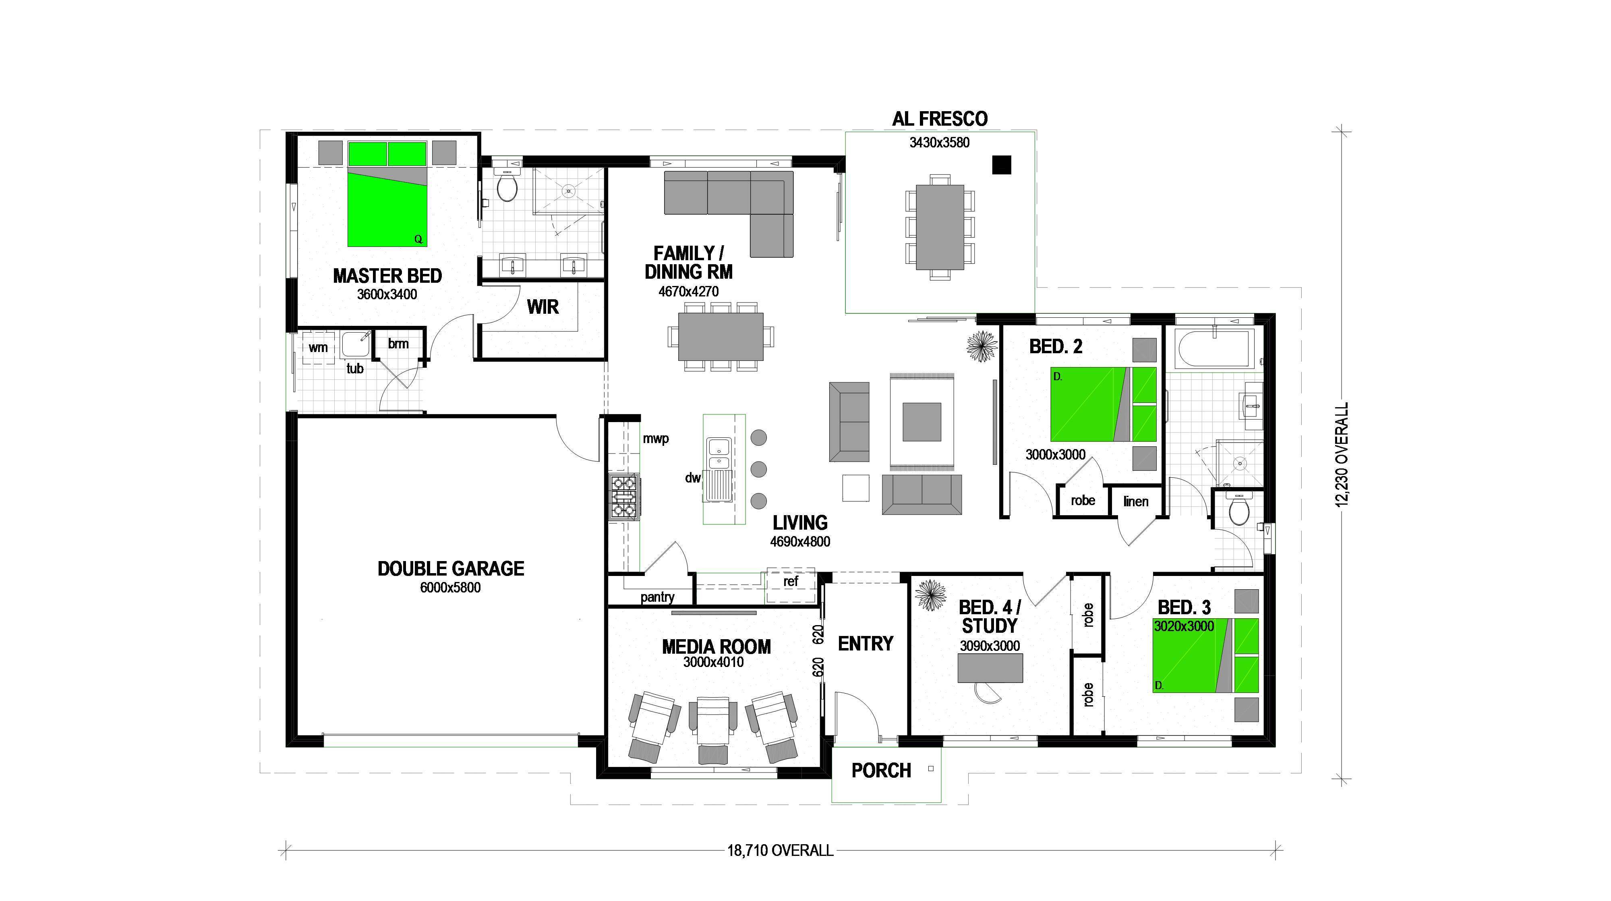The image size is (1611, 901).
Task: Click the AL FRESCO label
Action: (939, 119)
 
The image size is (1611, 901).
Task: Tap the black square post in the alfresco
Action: (1001, 164)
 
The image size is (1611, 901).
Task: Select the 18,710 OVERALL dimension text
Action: (780, 850)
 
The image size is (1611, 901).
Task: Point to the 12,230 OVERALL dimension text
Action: (1342, 455)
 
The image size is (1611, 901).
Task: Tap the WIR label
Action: (542, 307)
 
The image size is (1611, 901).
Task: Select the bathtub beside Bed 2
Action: (1213, 349)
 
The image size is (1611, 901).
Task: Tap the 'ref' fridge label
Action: (791, 582)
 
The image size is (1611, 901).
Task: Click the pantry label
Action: (656, 597)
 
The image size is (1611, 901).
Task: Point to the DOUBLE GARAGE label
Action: (450, 568)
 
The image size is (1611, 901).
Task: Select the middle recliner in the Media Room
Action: (712, 729)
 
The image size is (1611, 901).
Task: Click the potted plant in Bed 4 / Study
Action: (931, 594)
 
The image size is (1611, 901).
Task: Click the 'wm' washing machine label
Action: (318, 348)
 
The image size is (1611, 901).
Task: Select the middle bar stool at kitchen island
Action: (758, 469)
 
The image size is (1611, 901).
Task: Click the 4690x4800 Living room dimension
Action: (800, 542)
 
